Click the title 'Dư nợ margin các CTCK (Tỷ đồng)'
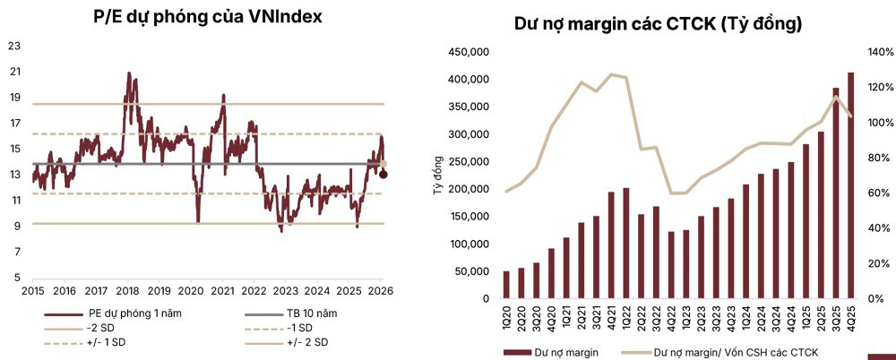pyautogui.click(x=658, y=23)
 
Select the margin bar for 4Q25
pyautogui.click(x=850, y=185)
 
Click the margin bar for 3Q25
pyautogui.click(x=835, y=193)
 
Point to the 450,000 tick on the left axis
pyautogui.click(x=470, y=53)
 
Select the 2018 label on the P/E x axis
pyautogui.click(x=127, y=291)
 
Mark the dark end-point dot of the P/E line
pyautogui.click(x=384, y=174)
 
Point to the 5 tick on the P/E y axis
pyautogui.click(x=16, y=278)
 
